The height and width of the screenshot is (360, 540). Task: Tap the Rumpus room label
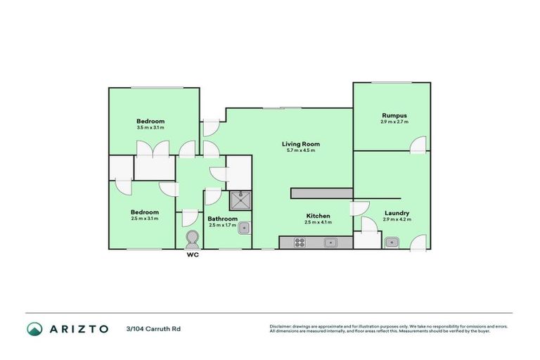pyautogui.click(x=394, y=115)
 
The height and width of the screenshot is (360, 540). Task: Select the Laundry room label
pyautogui.click(x=397, y=213)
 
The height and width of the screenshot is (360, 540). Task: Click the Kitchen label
pyautogui.click(x=318, y=216)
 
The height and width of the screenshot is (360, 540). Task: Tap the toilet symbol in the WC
pyautogui.click(x=192, y=240)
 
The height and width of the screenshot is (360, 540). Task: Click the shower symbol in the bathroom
pyautogui.click(x=239, y=200)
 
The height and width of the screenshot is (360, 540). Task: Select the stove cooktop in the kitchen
pyautogui.click(x=299, y=243)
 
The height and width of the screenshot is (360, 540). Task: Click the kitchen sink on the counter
pyautogui.click(x=329, y=243)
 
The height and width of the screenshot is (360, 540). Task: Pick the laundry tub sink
pyautogui.click(x=392, y=243)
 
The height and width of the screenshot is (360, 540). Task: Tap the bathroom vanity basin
pyautogui.click(x=244, y=228)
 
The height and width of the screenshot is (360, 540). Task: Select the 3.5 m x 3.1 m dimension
pyautogui.click(x=150, y=127)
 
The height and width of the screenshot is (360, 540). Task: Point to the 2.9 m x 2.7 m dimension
pyautogui.click(x=394, y=122)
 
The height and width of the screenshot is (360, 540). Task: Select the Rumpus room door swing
pyautogui.click(x=418, y=144)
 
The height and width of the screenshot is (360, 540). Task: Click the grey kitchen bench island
pyautogui.click(x=321, y=193)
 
